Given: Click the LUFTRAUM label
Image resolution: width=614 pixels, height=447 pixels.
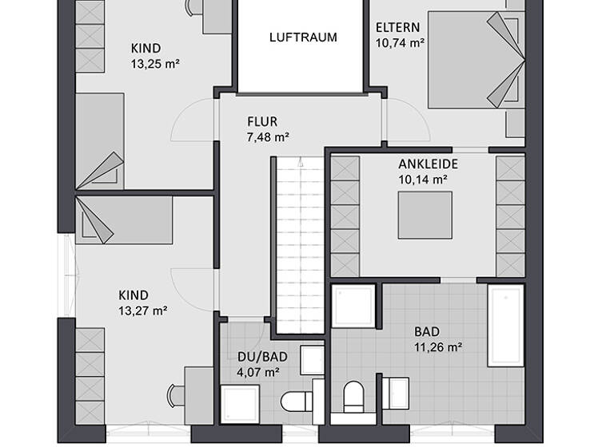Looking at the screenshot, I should (x=303, y=37).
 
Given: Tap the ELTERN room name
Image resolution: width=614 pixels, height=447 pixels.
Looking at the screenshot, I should (x=398, y=27).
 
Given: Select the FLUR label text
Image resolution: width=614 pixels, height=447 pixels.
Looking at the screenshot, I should (x=262, y=122).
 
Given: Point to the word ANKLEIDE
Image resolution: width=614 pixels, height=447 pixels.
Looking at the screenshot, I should (x=428, y=164).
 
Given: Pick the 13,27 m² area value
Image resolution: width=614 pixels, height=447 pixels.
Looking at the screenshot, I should (x=142, y=311).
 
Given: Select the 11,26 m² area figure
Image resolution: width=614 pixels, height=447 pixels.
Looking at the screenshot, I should (x=439, y=347).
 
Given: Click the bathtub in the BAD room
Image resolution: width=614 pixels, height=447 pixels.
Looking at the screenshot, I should (x=504, y=325).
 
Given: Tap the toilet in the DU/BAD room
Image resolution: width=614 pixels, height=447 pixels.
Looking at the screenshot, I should (x=297, y=398).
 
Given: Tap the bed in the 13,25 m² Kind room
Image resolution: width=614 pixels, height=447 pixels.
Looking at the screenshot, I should (x=101, y=140).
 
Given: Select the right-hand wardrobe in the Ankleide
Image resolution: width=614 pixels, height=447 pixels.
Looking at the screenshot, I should (x=510, y=216).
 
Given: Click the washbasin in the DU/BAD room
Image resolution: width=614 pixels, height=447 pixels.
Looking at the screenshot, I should (x=307, y=360).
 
